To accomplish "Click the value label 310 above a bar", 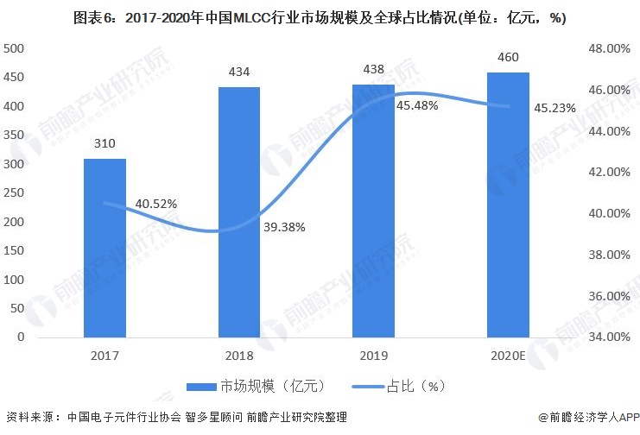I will tap(105, 144).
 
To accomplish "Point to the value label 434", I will tap(239, 72).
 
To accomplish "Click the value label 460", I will tap(508, 58).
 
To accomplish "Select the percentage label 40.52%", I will tap(156, 204).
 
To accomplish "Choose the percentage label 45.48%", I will tap(417, 105).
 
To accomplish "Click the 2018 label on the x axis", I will tap(239, 355).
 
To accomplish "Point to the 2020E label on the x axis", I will tap(508, 355).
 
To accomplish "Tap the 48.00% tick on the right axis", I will tap(608, 49).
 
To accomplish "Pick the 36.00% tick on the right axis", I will tap(608, 295).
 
